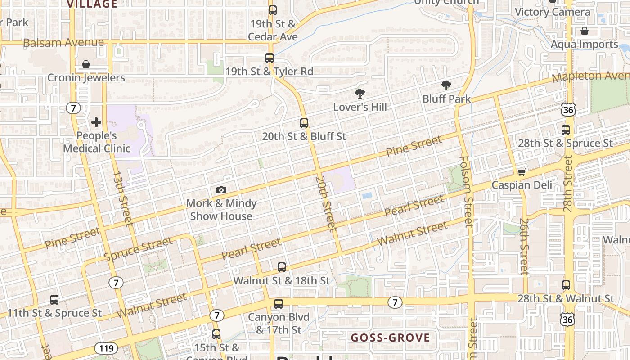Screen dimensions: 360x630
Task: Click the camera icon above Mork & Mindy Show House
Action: [x=221, y=190]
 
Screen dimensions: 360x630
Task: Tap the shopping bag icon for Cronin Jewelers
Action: [x=86, y=64]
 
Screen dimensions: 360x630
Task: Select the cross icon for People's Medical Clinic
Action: [x=96, y=122]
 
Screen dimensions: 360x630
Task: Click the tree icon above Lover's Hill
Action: [x=360, y=94]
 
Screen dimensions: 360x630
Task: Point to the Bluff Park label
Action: [x=446, y=99]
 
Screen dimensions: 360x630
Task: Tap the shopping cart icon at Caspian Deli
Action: [x=522, y=172]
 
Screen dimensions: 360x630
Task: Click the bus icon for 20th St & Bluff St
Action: [x=304, y=123]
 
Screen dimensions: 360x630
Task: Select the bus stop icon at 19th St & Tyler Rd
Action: [x=270, y=58]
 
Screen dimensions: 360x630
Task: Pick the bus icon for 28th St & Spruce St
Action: [x=566, y=130]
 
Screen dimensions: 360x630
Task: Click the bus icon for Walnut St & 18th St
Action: [x=282, y=267]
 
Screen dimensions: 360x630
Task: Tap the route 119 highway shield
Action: [x=106, y=348]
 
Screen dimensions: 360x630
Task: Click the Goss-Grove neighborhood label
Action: [x=390, y=337]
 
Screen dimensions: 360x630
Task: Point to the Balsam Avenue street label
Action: [x=63, y=43]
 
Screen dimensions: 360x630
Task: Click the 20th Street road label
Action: [x=326, y=203]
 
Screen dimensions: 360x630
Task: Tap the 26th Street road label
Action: [x=523, y=246]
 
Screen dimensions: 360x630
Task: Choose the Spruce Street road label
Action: [x=138, y=248]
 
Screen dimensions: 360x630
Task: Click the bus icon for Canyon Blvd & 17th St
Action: [x=279, y=304]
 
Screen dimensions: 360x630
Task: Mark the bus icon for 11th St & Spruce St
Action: [x=54, y=299]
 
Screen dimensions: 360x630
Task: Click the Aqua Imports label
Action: [x=585, y=45]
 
